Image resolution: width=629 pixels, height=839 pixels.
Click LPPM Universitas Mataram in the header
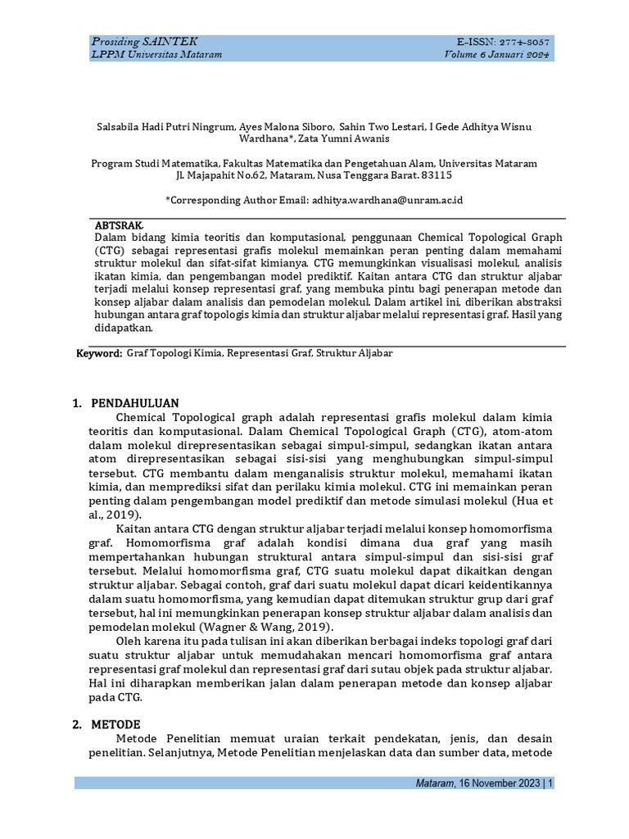tap(156, 54)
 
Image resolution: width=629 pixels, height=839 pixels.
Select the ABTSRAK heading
tap(120, 224)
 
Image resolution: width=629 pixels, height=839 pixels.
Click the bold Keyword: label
tap(99, 353)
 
